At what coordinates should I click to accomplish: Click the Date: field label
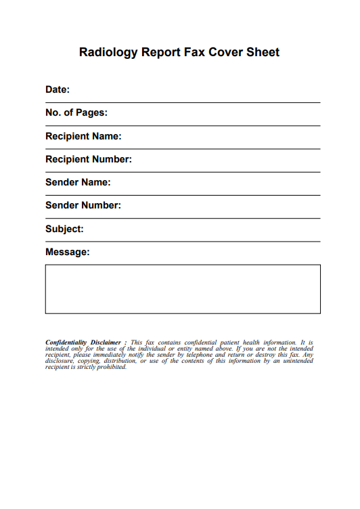pos(58,90)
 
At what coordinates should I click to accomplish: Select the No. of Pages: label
pos(76,113)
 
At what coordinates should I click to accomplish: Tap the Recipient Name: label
pos(83,136)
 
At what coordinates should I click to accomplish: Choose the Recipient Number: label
pos(89,159)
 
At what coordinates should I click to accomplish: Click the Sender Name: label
pos(78,182)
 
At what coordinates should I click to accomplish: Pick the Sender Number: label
pos(83,205)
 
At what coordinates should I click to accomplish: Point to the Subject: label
pos(64,229)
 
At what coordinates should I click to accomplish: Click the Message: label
pos(67,252)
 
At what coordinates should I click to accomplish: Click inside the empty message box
pos(183,289)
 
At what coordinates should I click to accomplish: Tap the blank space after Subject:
pos(203,229)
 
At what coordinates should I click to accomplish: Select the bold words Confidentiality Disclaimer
pos(82,343)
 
